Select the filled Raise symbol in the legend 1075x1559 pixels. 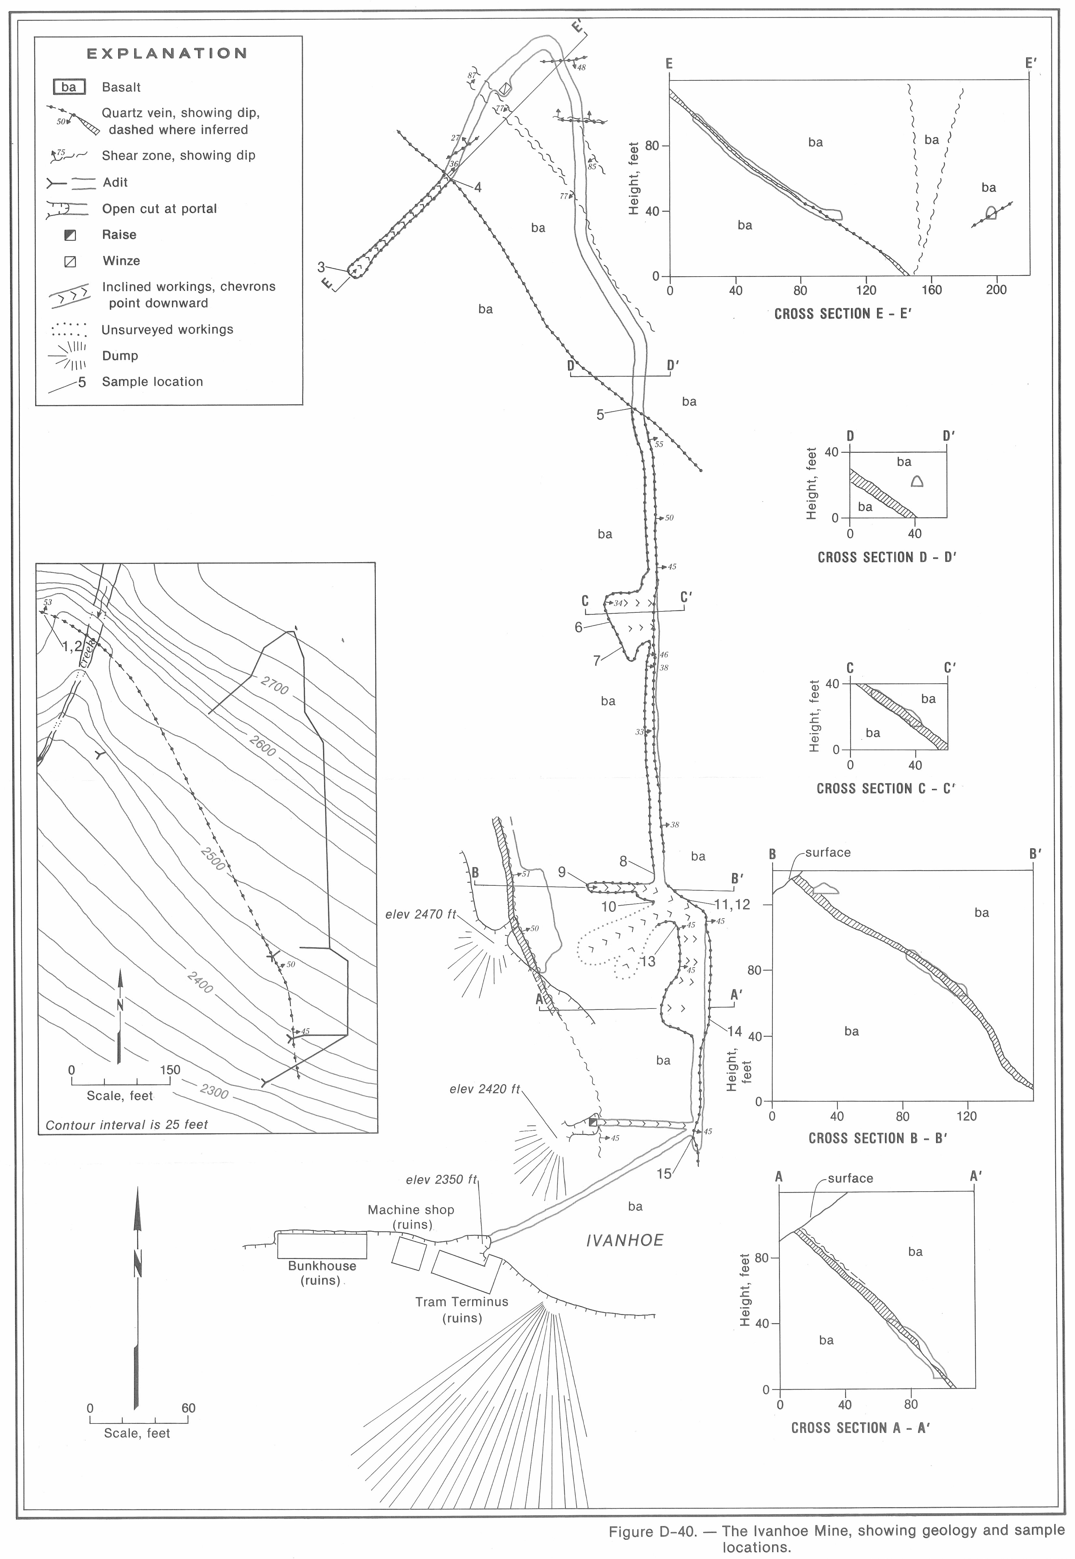[69, 235]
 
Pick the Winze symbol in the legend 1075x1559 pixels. [69, 261]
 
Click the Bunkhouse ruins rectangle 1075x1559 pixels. [322, 1246]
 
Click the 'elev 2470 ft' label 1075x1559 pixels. [420, 914]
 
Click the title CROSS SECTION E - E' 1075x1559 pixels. [842, 314]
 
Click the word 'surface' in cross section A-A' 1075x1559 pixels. [850, 1178]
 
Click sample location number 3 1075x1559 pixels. [321, 267]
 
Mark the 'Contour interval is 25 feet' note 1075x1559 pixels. [127, 1124]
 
